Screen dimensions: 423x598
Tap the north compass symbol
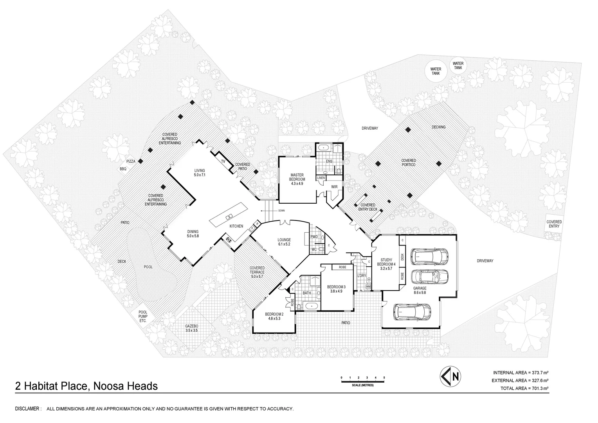point(450,376)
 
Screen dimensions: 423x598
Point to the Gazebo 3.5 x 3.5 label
point(192,328)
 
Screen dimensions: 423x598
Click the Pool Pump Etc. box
point(142,316)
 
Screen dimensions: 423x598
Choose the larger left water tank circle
point(436,71)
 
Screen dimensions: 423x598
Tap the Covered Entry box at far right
point(554,224)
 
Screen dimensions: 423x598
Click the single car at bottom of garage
point(412,311)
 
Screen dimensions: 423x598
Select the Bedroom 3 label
point(337,289)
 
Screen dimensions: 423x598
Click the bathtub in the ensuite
point(324,148)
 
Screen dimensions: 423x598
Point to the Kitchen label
point(236,226)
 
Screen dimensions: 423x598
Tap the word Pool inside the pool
point(148,267)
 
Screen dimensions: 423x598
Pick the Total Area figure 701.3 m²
point(524,389)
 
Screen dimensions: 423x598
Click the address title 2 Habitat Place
point(86,386)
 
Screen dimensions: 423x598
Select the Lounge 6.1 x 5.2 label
point(284,242)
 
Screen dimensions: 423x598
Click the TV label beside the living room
point(223,161)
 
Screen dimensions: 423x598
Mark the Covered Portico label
point(409,163)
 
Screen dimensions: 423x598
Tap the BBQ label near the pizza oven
point(123,169)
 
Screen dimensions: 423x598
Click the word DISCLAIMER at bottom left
point(28,409)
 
